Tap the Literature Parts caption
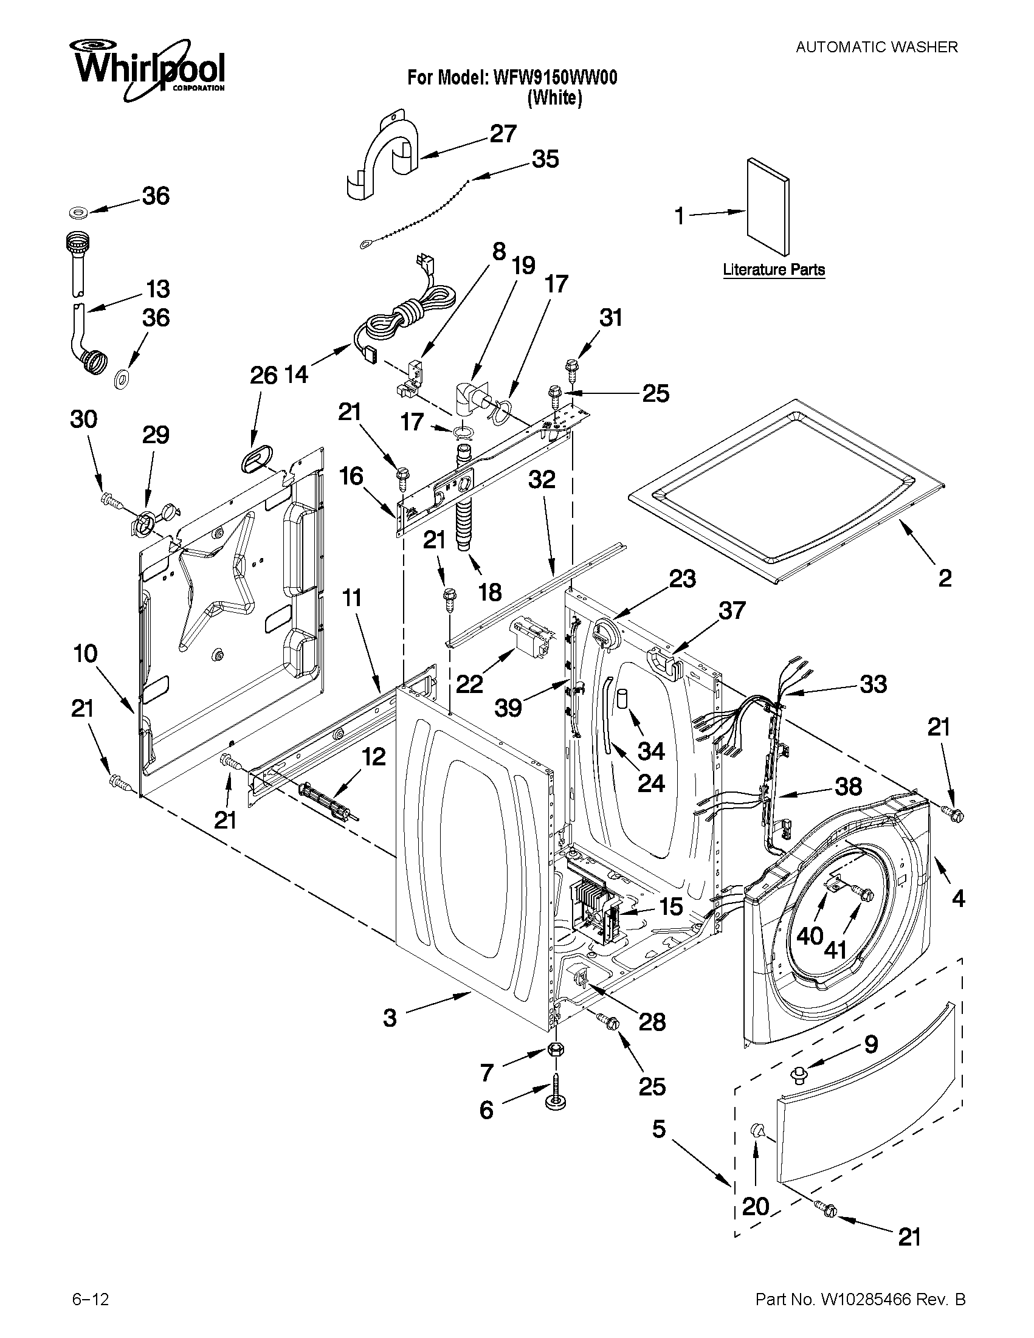774,269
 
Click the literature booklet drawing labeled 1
768,207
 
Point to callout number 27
503,134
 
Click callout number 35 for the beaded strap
545,159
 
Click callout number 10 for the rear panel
85,654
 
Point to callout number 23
683,579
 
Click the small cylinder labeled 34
623,698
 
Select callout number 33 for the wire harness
873,685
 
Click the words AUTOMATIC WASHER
876,47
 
